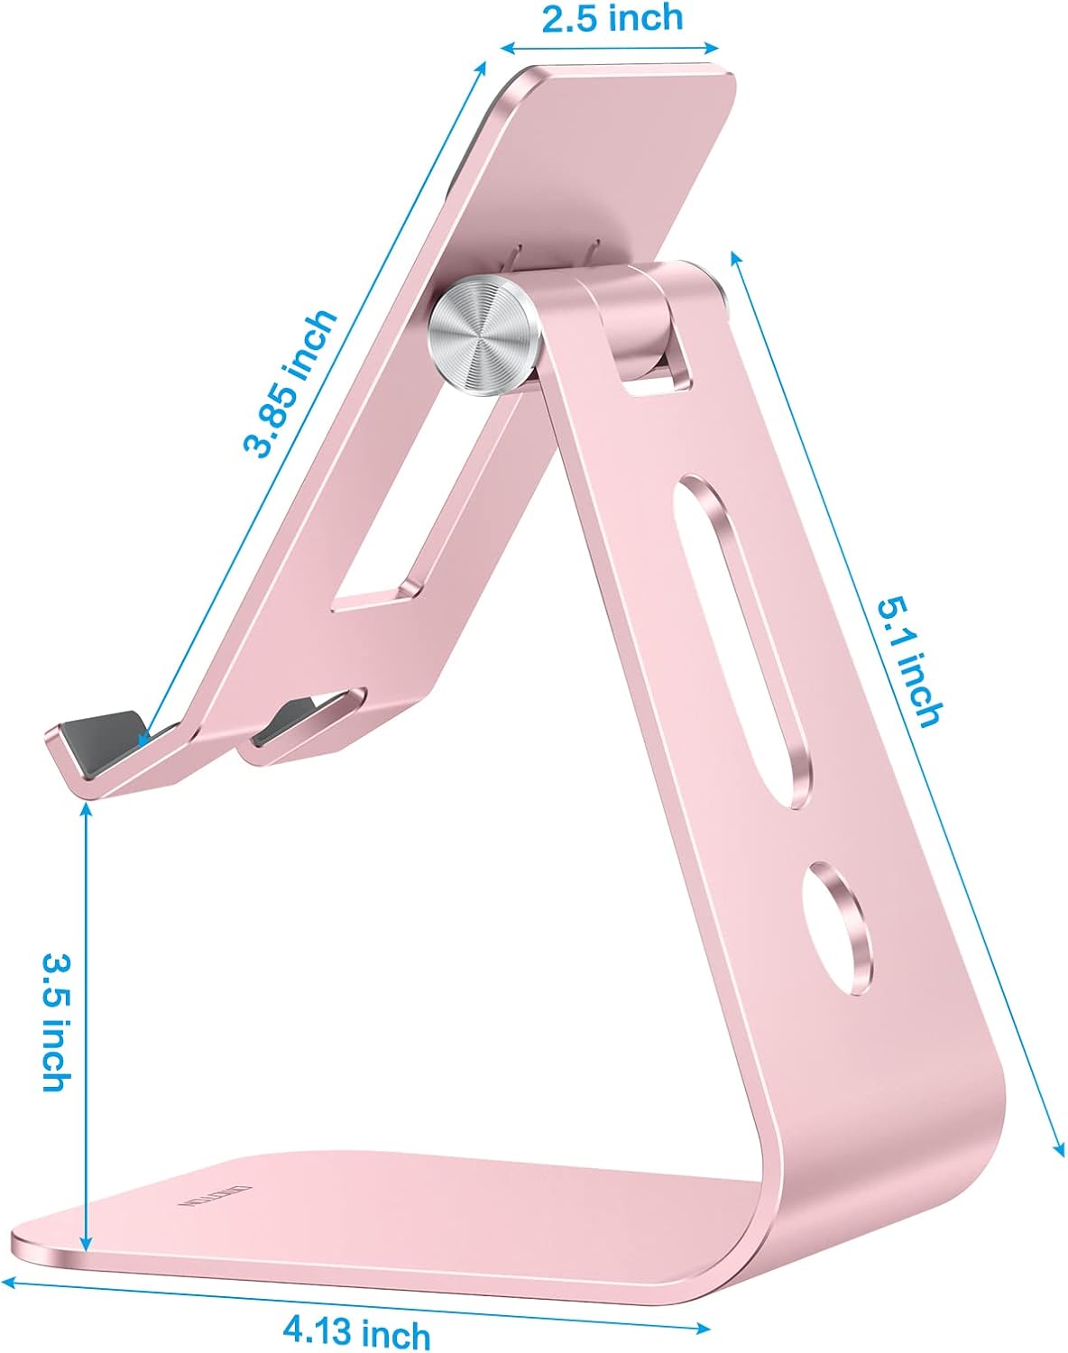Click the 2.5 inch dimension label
coord(612,19)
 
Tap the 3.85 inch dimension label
coord(290,383)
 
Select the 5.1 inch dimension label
coord(911,663)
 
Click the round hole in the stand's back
coord(839,929)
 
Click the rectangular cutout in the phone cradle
coord(410,523)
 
